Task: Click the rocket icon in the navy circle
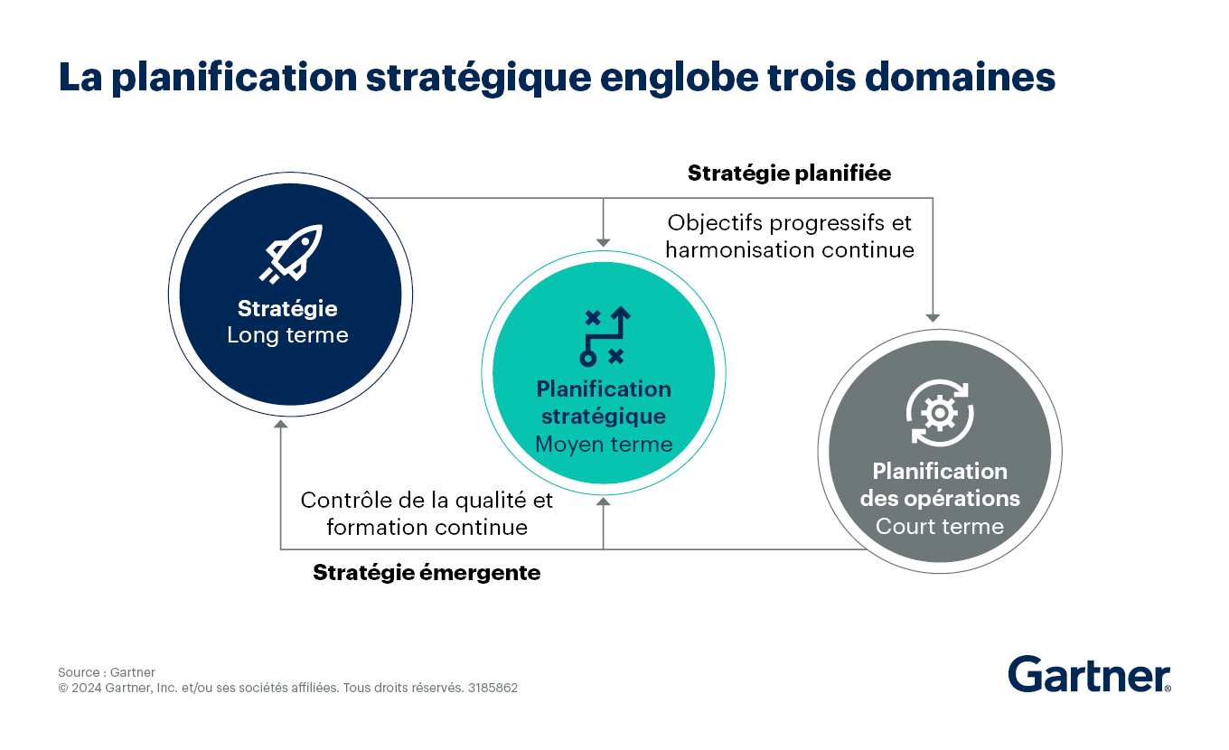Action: pos(291,254)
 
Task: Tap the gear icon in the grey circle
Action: pos(940,413)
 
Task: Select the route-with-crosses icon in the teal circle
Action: pos(605,336)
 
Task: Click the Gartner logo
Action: pos(1089,674)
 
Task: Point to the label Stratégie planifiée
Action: pos(789,173)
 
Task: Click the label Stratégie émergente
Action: pos(427,573)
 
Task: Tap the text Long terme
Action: pos(288,334)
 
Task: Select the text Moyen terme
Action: pos(604,444)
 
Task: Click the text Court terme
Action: pos(939,526)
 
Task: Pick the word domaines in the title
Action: pos(960,77)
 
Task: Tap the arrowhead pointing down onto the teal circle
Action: pos(604,243)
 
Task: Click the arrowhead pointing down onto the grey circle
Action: pos(933,318)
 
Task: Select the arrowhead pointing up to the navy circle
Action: pos(280,424)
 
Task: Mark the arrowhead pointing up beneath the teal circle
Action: pos(604,502)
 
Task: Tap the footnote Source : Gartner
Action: pos(107,672)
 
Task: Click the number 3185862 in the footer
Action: pos(493,688)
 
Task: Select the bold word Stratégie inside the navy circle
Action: pos(287,309)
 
